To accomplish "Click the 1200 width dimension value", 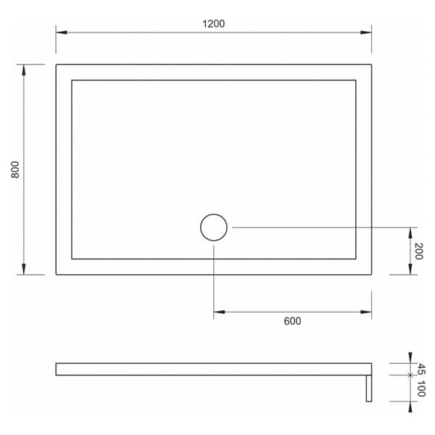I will click(214, 23).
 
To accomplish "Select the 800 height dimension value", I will click(15, 169).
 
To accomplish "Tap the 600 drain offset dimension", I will click(292, 321).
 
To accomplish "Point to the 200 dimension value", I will click(419, 251).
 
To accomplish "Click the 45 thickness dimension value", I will click(420, 368).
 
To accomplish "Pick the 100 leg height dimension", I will click(420, 388).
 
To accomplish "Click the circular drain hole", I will click(214, 228).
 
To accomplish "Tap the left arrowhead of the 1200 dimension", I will click(61, 33).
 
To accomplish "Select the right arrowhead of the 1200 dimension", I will click(367, 33).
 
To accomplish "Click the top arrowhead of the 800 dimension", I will click(25, 69).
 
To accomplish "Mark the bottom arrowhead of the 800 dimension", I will click(25, 270).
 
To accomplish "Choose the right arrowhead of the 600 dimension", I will click(367, 312).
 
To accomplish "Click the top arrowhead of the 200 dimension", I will click(410, 232).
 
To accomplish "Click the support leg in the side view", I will click(368, 388).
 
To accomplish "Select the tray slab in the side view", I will click(210, 369).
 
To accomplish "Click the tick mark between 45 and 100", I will click(410, 375).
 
